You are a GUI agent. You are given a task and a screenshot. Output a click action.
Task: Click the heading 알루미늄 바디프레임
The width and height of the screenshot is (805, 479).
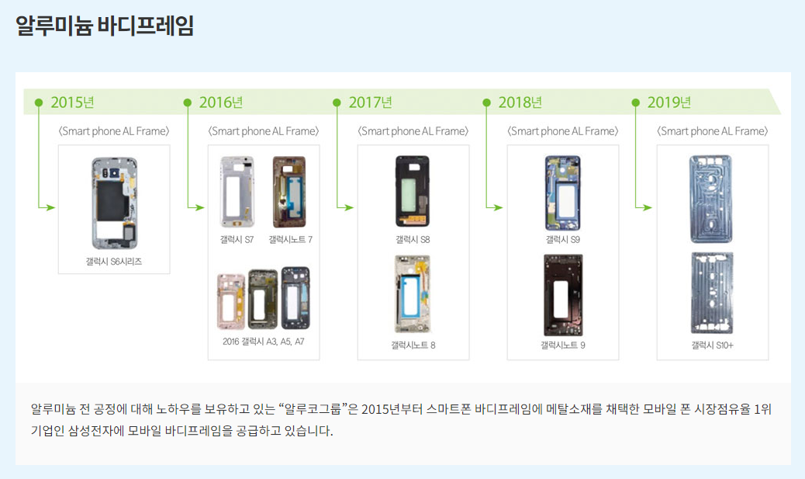(105, 26)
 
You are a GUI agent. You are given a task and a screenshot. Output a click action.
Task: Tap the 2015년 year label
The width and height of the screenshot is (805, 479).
(72, 102)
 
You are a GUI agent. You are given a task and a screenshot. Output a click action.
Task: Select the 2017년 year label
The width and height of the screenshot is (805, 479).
(371, 102)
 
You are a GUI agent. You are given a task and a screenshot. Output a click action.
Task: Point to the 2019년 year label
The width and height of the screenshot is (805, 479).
(669, 102)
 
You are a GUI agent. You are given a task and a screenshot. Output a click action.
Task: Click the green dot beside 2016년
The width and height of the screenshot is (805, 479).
(187, 102)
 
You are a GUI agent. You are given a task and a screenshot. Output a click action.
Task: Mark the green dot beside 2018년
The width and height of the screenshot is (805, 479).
(486, 102)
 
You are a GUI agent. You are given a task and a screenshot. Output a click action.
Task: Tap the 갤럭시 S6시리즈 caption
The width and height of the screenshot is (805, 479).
(114, 262)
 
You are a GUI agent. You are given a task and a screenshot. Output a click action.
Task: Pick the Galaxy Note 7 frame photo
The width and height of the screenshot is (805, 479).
(289, 192)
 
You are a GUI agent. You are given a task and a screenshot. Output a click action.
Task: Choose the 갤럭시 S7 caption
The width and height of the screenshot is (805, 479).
(237, 240)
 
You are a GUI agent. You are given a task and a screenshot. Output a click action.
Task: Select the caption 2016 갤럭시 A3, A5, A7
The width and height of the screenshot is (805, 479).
(264, 341)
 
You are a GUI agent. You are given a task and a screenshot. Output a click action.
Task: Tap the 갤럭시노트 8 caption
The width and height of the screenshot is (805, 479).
(413, 345)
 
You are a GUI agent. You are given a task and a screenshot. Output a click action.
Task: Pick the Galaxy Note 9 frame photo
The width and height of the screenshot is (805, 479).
(562, 295)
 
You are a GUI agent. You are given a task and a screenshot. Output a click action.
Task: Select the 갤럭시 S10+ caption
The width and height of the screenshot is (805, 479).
(712, 345)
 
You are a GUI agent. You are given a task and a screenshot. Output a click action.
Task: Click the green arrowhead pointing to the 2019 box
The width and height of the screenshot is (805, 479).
(647, 207)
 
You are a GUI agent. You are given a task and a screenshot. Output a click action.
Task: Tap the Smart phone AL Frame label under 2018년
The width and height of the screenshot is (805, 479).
(563, 131)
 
